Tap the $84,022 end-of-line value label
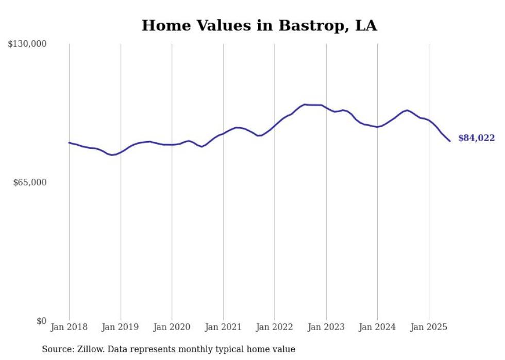(x=476, y=138)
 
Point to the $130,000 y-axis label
(x=27, y=44)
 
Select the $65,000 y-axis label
(x=29, y=182)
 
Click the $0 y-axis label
(x=41, y=321)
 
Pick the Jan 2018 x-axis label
(x=69, y=327)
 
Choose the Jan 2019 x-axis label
(x=121, y=327)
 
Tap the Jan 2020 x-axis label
(x=172, y=327)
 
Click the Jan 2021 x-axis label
(x=223, y=327)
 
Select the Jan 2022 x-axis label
(x=275, y=327)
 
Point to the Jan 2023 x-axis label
(x=326, y=327)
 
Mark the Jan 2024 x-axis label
(x=377, y=327)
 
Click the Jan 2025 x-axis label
(x=429, y=327)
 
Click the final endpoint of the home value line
(x=450, y=141)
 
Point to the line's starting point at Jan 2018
(x=69, y=143)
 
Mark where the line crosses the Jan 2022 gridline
(x=275, y=126)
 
